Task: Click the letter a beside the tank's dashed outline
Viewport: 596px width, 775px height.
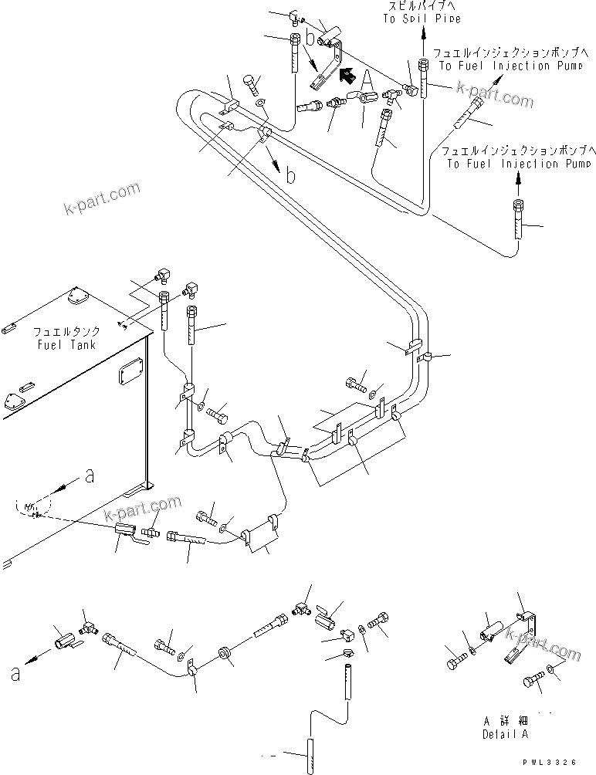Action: (x=90, y=477)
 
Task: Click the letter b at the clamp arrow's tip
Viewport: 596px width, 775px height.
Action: (x=290, y=176)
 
